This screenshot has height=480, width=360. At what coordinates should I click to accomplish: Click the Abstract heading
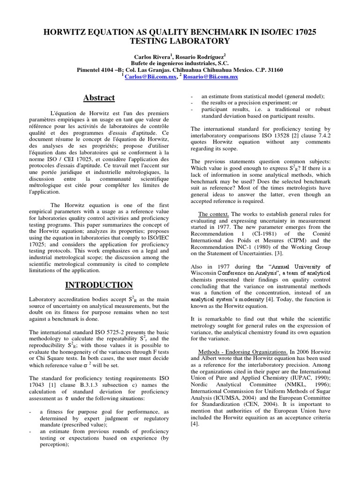point(98,97)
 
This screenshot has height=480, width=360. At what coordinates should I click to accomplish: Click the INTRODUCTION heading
point(98,285)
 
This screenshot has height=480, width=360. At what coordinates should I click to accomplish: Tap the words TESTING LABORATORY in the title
point(180,41)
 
